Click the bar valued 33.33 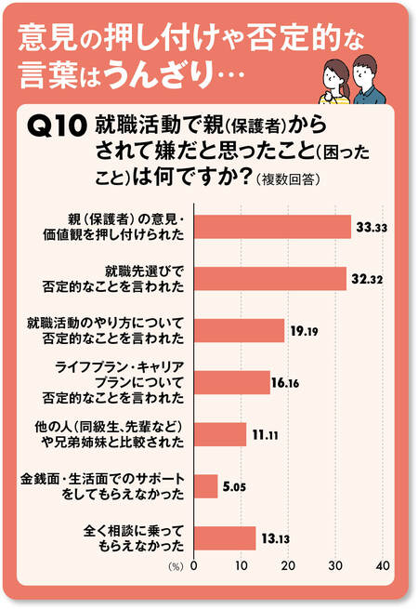point(271,227)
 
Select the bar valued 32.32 point(269,279)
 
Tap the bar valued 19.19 point(238,330)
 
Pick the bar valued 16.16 point(231,382)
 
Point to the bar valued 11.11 point(219,434)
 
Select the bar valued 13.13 point(224,537)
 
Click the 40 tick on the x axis point(382,565)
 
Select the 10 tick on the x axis point(241,565)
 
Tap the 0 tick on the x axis point(193,565)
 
